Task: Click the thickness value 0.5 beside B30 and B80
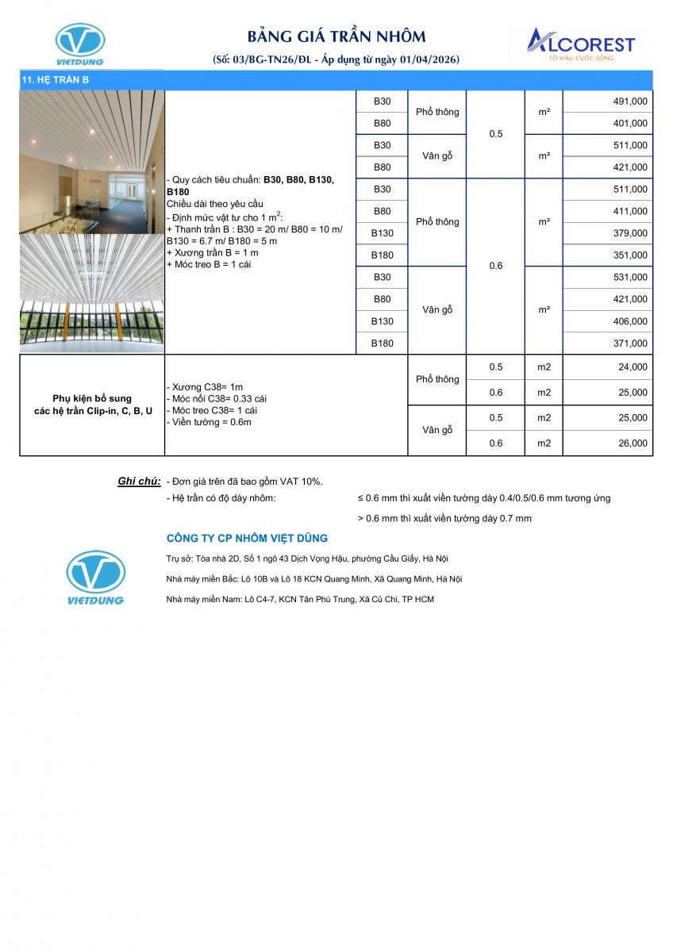(x=495, y=134)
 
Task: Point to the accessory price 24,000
(x=633, y=367)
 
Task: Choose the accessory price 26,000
(x=633, y=443)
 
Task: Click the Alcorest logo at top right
(x=582, y=44)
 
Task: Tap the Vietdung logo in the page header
(x=79, y=44)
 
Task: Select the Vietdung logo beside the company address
(x=95, y=578)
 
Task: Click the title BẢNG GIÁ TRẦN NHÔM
(x=336, y=36)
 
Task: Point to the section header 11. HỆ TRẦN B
(x=56, y=80)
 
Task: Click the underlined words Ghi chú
(x=139, y=482)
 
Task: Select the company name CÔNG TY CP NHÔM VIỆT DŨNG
(x=247, y=539)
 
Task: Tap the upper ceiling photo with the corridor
(x=92, y=162)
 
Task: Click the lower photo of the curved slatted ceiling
(x=92, y=294)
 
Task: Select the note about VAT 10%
(x=244, y=482)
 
